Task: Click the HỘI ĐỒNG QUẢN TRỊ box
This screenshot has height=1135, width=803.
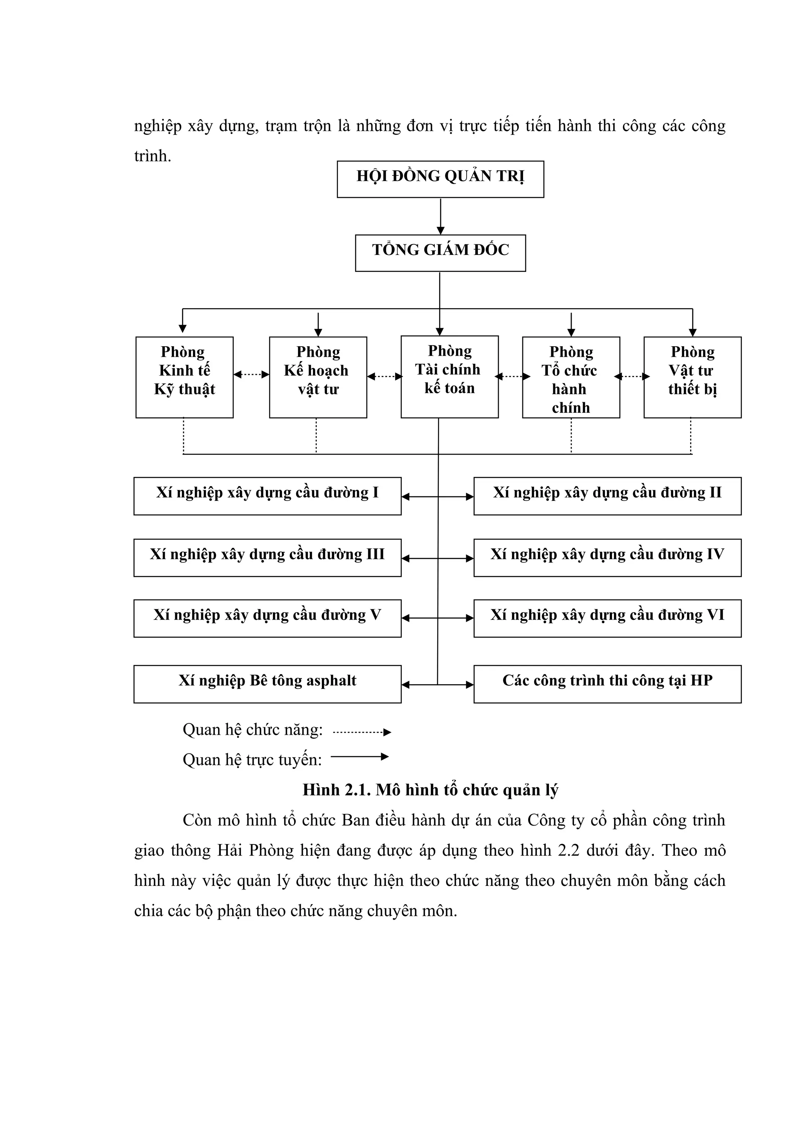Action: tap(440, 179)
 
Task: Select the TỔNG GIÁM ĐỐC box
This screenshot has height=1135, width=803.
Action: tap(440, 253)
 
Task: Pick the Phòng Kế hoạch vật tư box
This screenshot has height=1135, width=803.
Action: tap(318, 377)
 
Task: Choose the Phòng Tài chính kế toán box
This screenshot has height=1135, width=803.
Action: tap(449, 377)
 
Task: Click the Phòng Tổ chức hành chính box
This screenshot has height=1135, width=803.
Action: tap(570, 377)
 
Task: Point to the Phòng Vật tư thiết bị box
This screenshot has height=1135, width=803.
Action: tap(692, 377)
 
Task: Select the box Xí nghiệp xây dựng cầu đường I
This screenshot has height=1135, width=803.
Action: tap(267, 496)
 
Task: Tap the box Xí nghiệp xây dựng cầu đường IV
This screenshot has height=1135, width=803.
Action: tap(607, 558)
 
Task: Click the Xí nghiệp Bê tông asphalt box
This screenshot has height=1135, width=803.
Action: tap(267, 684)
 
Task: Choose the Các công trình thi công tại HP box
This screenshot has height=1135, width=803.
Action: tap(607, 684)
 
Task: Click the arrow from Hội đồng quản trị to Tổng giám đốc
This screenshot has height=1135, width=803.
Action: tap(440, 216)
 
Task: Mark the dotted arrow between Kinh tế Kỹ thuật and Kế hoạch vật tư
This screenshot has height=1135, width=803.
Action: tap(251, 374)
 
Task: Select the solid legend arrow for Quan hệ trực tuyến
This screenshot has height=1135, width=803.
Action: tap(360, 756)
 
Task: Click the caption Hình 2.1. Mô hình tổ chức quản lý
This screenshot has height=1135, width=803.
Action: tap(430, 790)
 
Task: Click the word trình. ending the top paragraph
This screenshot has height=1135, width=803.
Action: tap(153, 156)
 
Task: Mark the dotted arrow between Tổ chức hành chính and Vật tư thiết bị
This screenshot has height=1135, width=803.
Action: tap(632, 376)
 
